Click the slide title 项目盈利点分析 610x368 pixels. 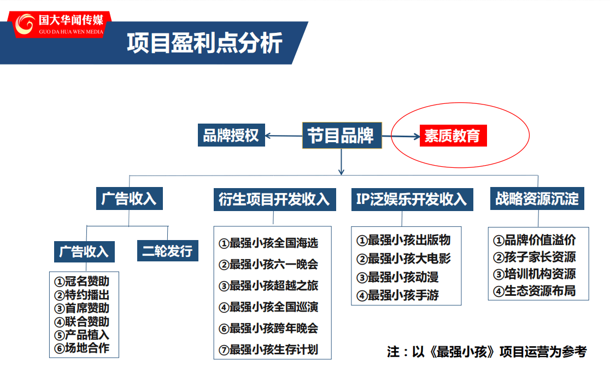click(x=204, y=43)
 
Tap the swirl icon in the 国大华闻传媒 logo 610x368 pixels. click(x=25, y=24)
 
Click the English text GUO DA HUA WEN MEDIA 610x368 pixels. click(x=71, y=32)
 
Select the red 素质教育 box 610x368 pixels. click(x=453, y=136)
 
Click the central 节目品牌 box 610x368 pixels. click(x=342, y=136)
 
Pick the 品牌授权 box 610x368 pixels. click(x=231, y=135)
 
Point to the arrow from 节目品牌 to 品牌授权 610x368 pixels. click(x=284, y=136)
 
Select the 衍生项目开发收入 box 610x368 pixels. click(x=274, y=200)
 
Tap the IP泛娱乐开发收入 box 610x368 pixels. click(x=412, y=200)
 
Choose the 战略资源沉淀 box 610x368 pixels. click(x=537, y=198)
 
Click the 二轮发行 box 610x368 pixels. click(x=168, y=250)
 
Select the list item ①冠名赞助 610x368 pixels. click(x=81, y=281)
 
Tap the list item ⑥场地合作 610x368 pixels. click(x=81, y=348)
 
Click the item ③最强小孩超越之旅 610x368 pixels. click(x=268, y=286)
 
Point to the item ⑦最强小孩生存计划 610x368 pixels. click(x=268, y=350)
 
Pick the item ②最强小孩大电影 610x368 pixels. click(x=403, y=259)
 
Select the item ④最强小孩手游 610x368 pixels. click(x=397, y=296)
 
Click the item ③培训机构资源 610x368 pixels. click(x=535, y=274)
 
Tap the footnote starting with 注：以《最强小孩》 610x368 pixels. click(x=486, y=352)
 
